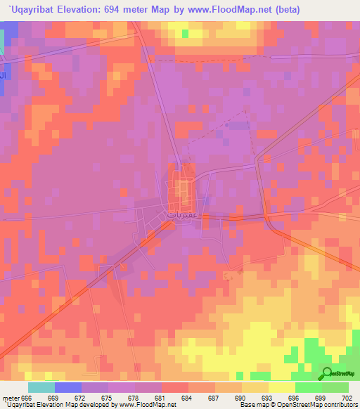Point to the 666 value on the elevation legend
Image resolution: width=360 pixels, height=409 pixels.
point(27,397)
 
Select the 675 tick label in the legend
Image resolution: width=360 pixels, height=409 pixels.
point(108,397)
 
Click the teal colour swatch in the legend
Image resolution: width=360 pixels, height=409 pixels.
point(41,387)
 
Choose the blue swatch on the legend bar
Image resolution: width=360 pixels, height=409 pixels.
point(67,387)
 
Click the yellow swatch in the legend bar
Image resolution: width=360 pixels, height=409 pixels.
point(281,387)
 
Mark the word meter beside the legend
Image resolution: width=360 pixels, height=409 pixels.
point(10,397)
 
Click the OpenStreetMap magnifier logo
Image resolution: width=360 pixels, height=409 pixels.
point(328,374)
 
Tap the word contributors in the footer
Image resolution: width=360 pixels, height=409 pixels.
point(340,405)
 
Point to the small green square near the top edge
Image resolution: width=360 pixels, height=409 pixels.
point(186,33)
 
